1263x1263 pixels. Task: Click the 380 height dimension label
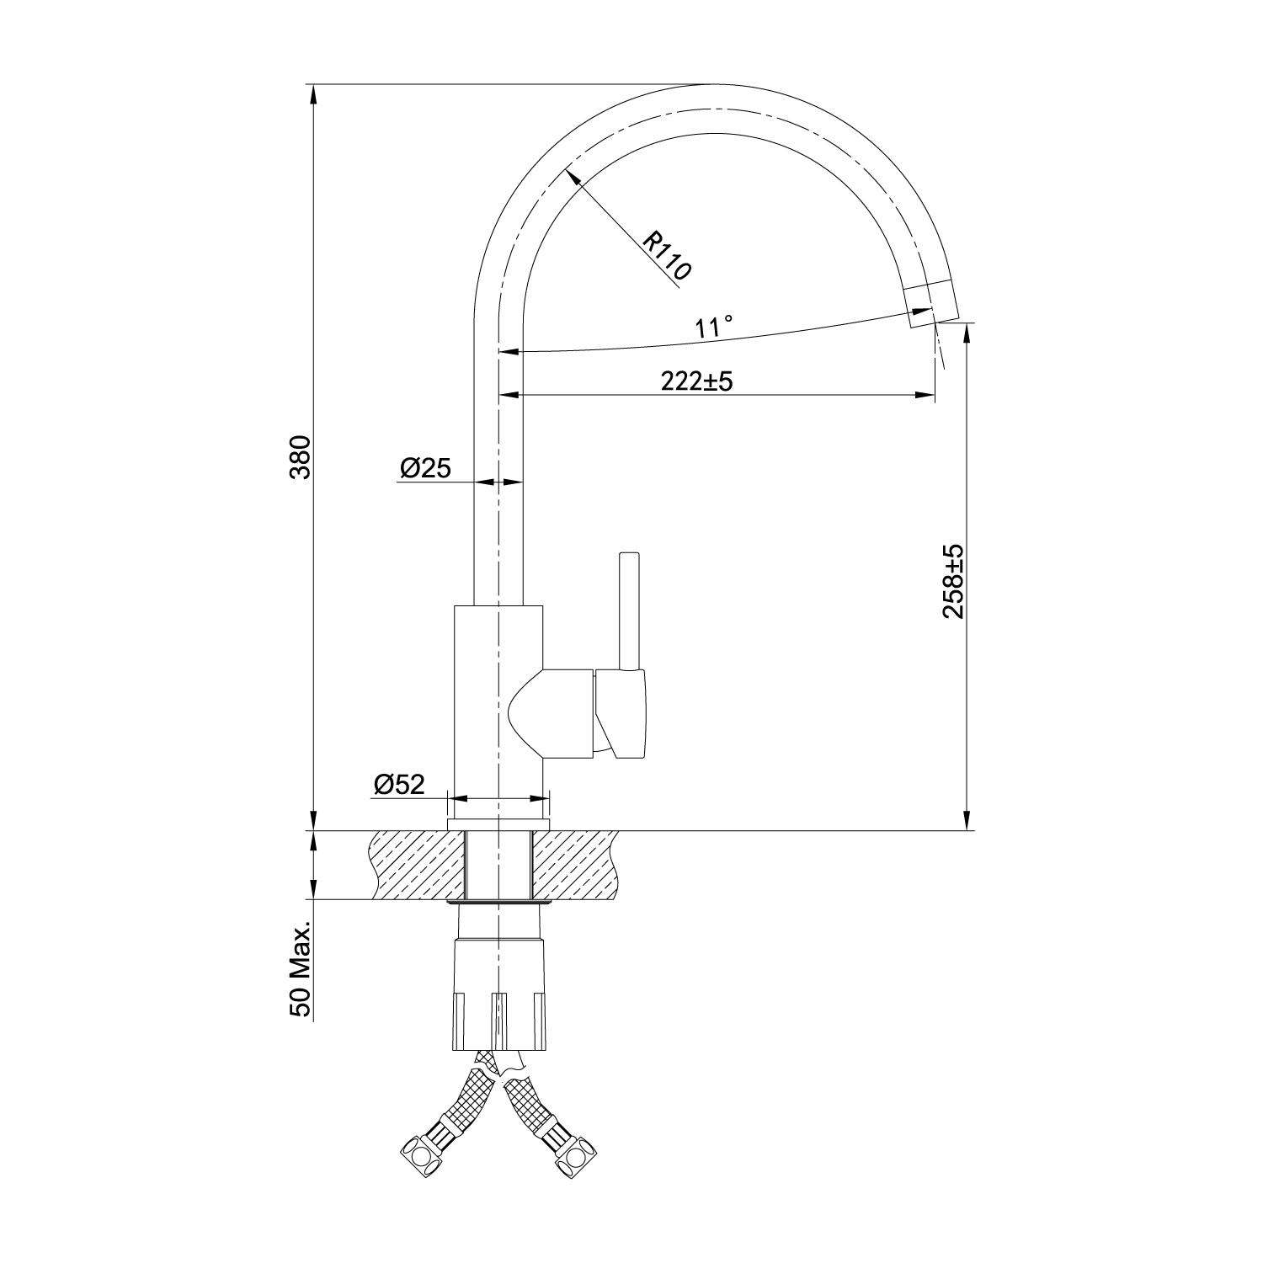click(x=301, y=457)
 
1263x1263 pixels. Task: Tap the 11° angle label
click(x=715, y=326)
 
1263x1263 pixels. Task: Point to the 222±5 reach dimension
click(x=697, y=381)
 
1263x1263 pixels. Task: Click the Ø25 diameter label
click(x=426, y=468)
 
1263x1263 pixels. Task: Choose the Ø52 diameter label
click(x=399, y=785)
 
